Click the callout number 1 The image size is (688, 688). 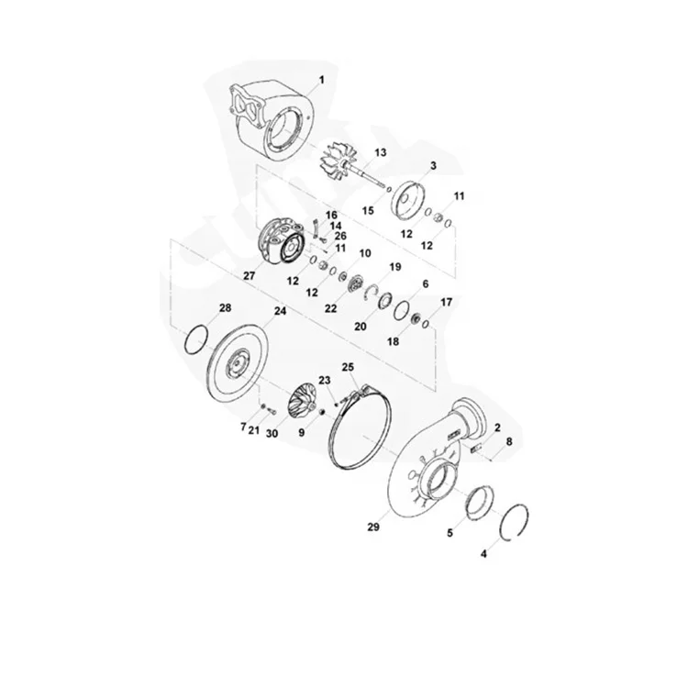coord(321,82)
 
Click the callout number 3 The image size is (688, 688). coord(432,164)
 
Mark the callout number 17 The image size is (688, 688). coord(447,302)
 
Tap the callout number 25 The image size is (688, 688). coord(348,367)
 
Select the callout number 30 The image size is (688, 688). coord(272,433)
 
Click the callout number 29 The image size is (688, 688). coord(372,527)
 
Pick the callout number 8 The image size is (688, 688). coord(510,442)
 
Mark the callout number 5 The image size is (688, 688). coord(449,531)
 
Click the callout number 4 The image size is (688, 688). coord(485,554)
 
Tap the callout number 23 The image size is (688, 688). coord(324,380)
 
